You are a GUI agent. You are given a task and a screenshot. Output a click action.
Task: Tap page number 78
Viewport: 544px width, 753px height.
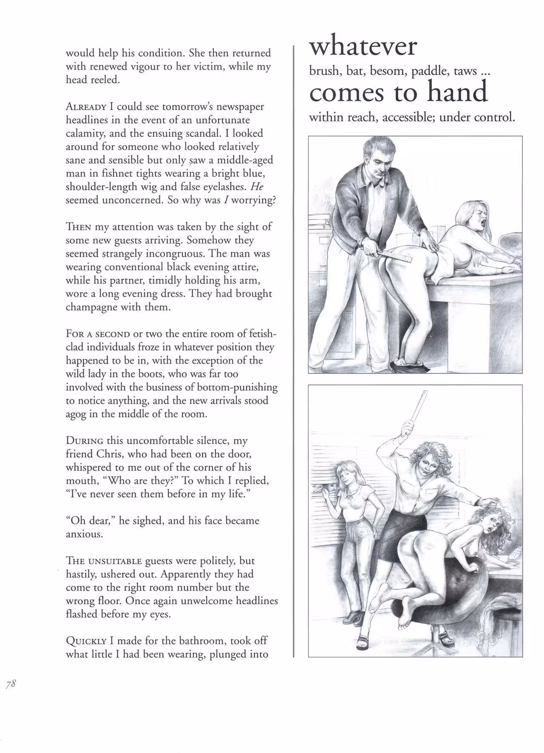(11, 683)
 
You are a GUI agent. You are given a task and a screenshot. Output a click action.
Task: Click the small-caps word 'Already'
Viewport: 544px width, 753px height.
(85, 107)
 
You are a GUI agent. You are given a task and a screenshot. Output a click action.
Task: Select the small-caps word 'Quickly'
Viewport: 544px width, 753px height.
(85, 640)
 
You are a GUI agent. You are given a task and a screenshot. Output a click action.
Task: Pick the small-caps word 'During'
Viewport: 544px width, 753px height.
(84, 441)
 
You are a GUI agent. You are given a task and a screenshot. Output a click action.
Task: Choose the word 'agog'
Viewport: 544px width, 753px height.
(76, 414)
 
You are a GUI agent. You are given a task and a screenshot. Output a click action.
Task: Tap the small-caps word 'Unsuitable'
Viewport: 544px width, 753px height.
(114, 561)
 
